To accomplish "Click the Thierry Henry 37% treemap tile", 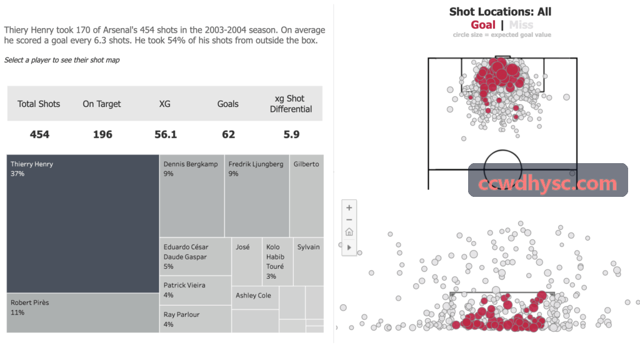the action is point(83,224).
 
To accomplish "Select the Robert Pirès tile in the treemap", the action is point(83,313).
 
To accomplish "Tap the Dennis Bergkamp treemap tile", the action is point(192,196).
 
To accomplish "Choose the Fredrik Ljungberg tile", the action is point(257,196).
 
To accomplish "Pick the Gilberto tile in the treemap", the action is point(307,196).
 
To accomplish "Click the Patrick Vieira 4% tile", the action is point(196,290).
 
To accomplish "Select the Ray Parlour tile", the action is point(196,319).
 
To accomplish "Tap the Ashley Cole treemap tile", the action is point(255,297).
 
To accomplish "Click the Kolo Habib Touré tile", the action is point(277,262).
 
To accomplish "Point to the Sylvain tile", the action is point(309,262).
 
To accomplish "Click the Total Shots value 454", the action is point(39,134).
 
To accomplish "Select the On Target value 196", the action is point(102,134).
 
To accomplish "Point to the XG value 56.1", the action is point(166,134).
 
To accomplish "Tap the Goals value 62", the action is point(229,134).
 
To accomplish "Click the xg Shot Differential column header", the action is point(291,104).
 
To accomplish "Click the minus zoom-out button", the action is point(349,219).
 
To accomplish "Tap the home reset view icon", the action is point(349,232).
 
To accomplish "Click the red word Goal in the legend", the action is point(483,25).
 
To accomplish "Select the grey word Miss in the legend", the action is point(521,25).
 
